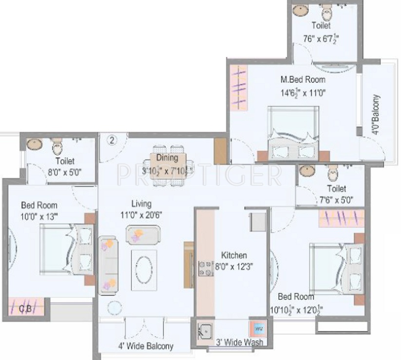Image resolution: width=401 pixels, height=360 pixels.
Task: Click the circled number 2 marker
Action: pos(112,140)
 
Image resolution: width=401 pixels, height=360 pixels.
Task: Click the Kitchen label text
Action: pos(234,255)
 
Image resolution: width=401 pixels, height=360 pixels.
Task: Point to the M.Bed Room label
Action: pos(303,79)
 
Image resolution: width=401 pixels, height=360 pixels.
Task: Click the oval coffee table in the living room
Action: pos(144,267)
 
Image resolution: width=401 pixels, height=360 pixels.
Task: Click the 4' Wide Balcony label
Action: pos(145,346)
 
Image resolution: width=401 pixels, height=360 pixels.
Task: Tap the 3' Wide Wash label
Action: pos(239,342)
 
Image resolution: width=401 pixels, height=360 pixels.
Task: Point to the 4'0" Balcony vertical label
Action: pos(375,115)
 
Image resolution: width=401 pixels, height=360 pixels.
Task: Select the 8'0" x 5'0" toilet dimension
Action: pos(65,172)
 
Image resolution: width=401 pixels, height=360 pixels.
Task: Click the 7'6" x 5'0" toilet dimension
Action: pos(337,200)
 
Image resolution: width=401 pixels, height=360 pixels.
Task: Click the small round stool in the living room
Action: pos(115,307)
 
